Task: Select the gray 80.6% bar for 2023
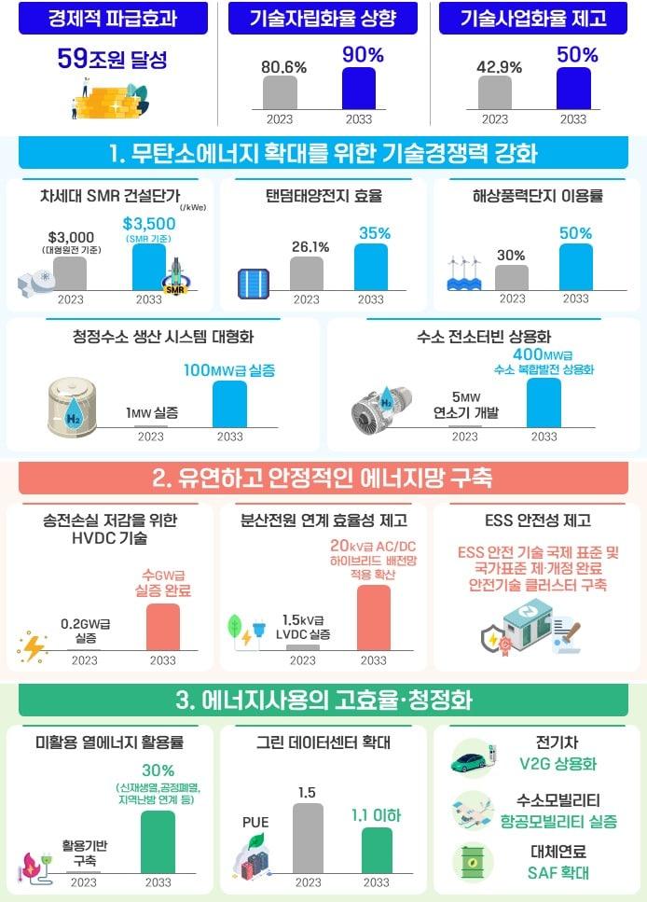280,93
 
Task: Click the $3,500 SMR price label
148,224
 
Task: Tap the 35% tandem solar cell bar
371,267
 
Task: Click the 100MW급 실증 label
229,370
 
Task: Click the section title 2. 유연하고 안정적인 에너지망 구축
323,479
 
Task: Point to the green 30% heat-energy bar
158,841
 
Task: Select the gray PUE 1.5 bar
308,838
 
